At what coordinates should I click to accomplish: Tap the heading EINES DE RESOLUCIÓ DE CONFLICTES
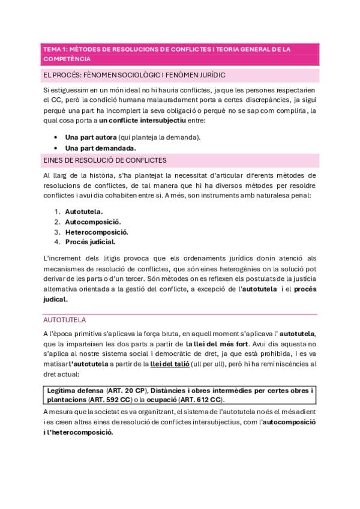point(105,160)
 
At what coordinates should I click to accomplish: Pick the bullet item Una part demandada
point(100,148)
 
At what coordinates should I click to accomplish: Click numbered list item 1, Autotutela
point(83,211)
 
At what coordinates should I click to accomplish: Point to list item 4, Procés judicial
point(90,242)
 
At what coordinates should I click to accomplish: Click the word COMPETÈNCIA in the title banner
point(67,59)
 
